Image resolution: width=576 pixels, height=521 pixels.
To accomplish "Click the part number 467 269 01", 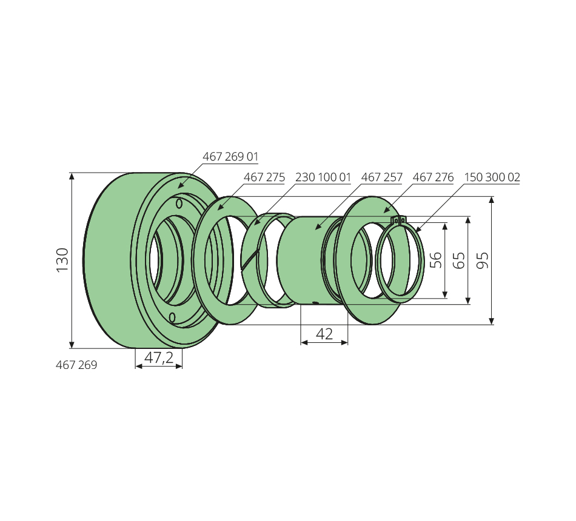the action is pyautogui.click(x=230, y=157).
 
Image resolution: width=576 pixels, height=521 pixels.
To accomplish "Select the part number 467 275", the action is pyautogui.click(x=264, y=178).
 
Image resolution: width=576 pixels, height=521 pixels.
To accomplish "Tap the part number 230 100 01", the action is pyautogui.click(x=323, y=178).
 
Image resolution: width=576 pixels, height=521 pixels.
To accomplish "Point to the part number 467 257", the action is pyautogui.click(x=382, y=178).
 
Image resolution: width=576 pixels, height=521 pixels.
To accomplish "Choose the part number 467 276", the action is pyautogui.click(x=434, y=178).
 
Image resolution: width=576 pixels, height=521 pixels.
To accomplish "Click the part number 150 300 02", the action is pyautogui.click(x=492, y=178).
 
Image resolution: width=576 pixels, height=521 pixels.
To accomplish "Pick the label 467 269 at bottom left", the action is pyautogui.click(x=76, y=365).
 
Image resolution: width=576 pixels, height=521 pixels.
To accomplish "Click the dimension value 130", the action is pyautogui.click(x=63, y=260).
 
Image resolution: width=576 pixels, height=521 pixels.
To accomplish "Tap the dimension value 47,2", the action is pyautogui.click(x=159, y=357).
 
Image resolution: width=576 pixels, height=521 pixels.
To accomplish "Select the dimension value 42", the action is pyautogui.click(x=324, y=334).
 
